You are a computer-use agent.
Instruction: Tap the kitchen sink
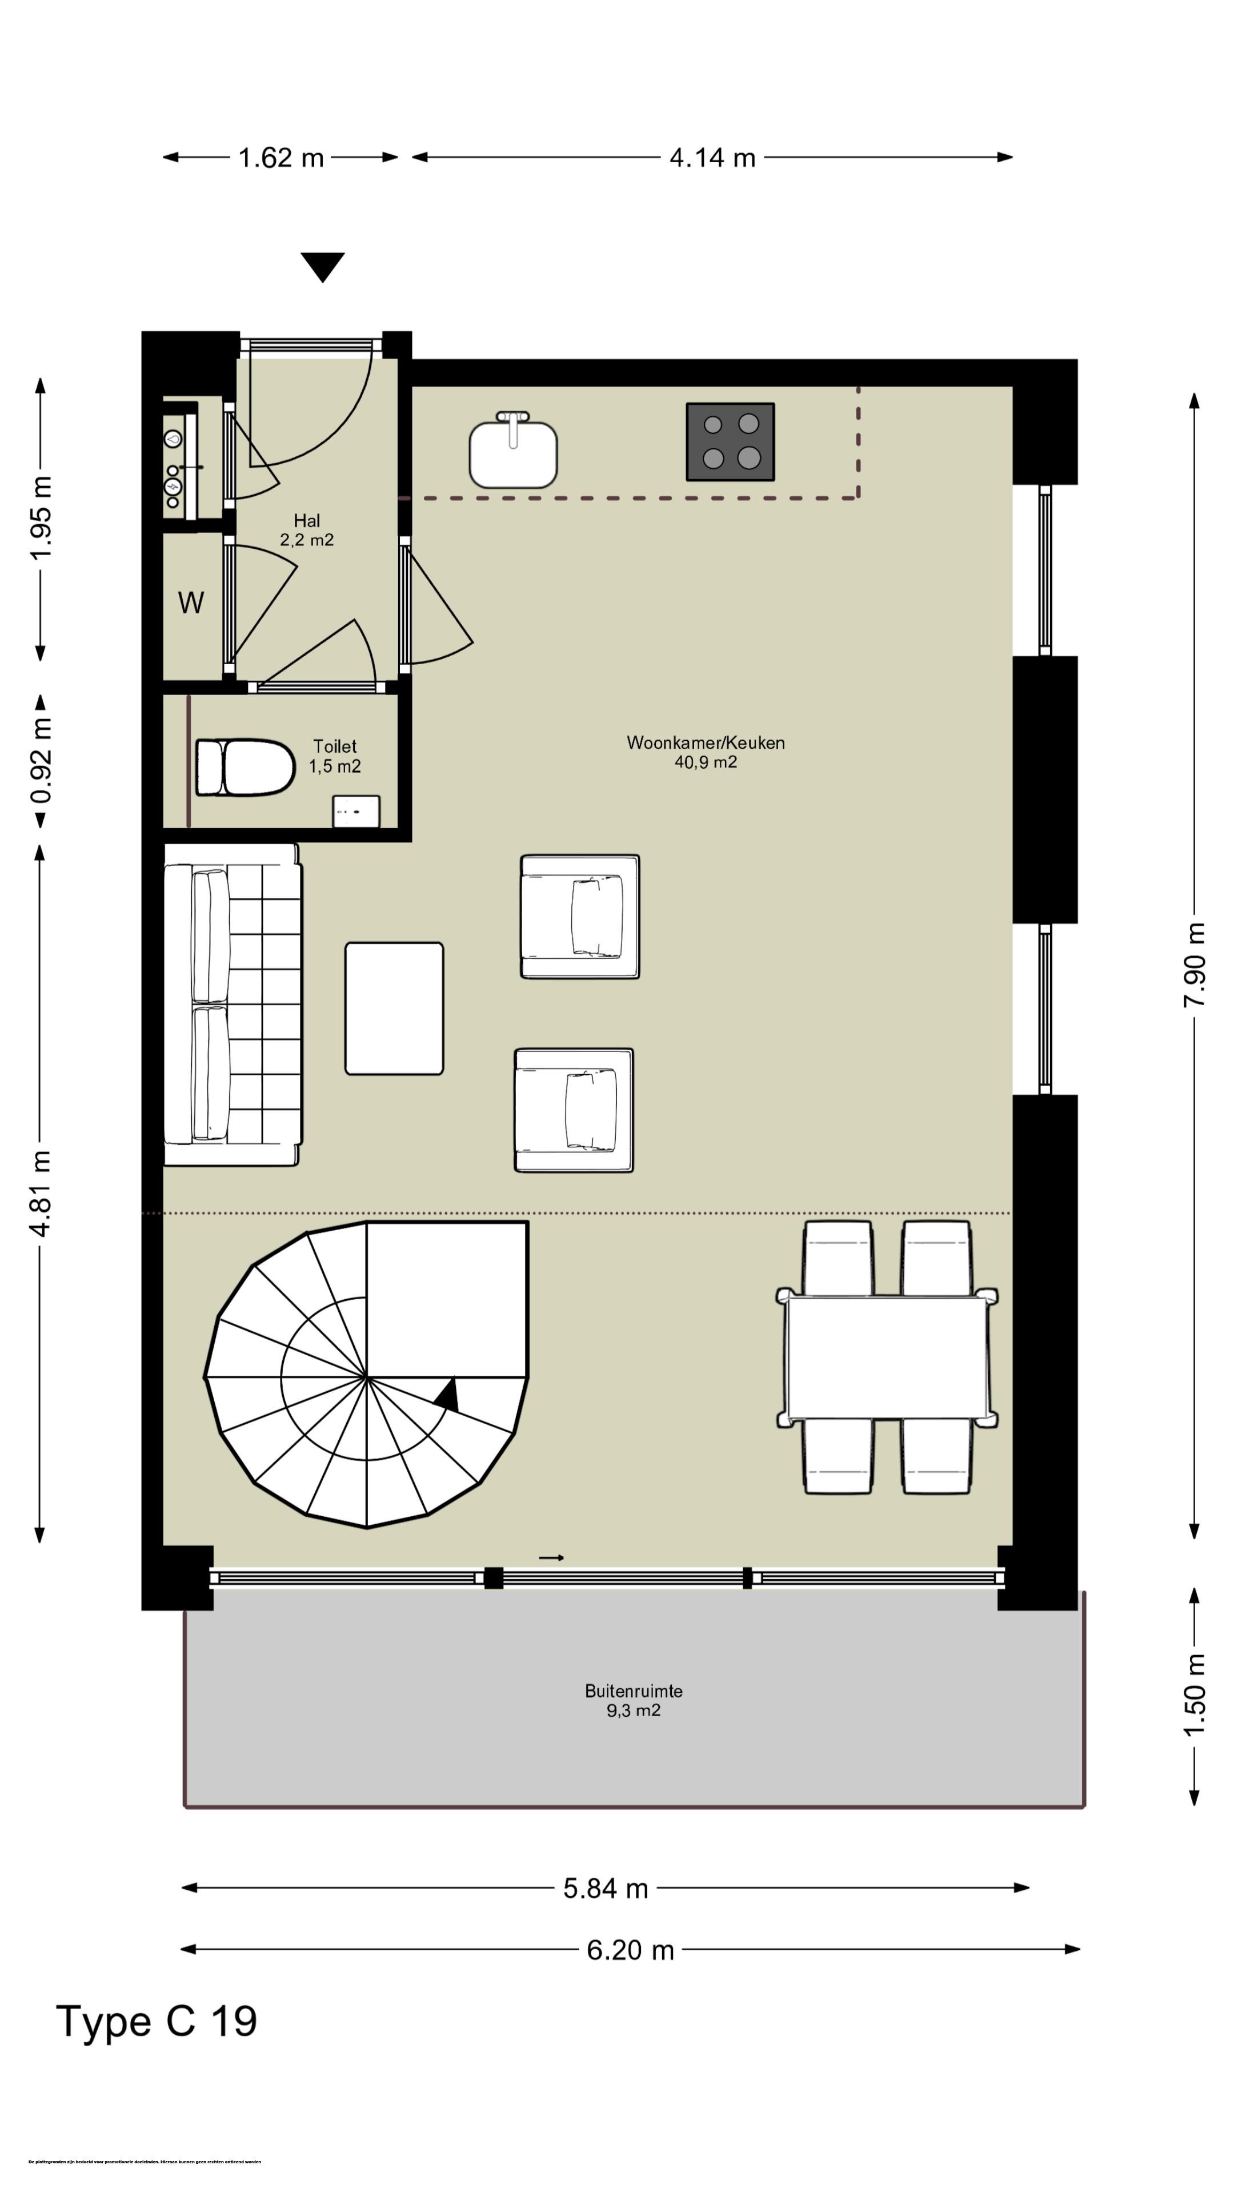click(512, 451)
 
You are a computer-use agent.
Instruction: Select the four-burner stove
click(730, 441)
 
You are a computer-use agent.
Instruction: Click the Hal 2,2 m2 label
click(307, 529)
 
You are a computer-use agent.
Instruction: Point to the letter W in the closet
click(191, 603)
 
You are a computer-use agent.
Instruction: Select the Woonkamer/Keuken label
click(705, 752)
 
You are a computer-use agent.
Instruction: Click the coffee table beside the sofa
click(394, 1008)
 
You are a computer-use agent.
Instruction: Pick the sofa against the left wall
click(231, 1005)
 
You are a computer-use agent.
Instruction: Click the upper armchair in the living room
click(580, 916)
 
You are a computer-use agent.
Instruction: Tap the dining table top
click(886, 1358)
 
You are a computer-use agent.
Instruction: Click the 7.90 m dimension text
click(1194, 965)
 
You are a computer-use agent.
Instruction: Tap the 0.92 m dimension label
click(41, 760)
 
